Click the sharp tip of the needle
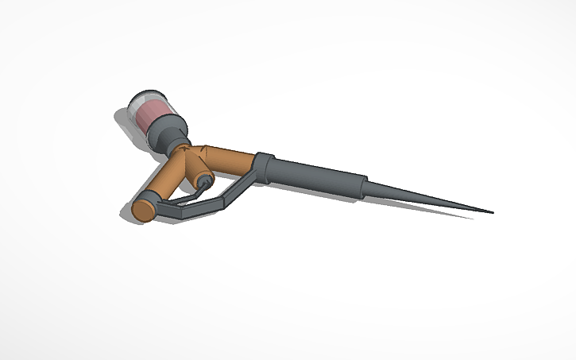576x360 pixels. (492, 213)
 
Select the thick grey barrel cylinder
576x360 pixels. (318, 176)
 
